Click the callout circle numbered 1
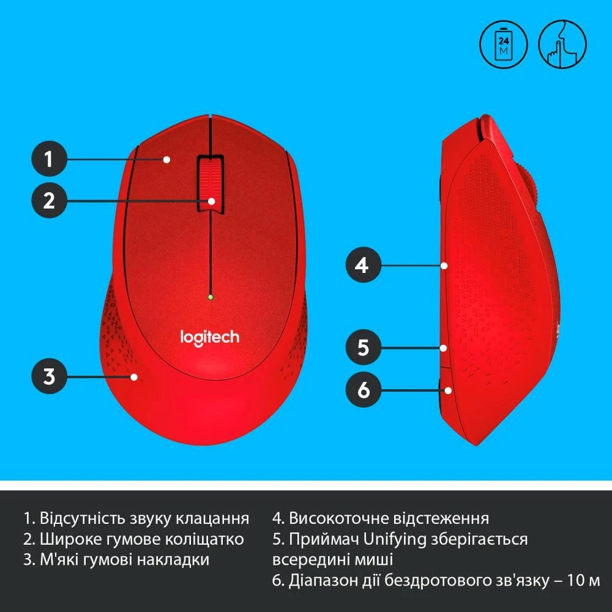click(x=49, y=160)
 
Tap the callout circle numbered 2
click(x=49, y=200)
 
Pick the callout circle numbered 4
click(x=364, y=266)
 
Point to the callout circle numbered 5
click(x=364, y=348)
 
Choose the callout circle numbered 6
click(x=364, y=389)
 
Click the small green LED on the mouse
click(x=210, y=298)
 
